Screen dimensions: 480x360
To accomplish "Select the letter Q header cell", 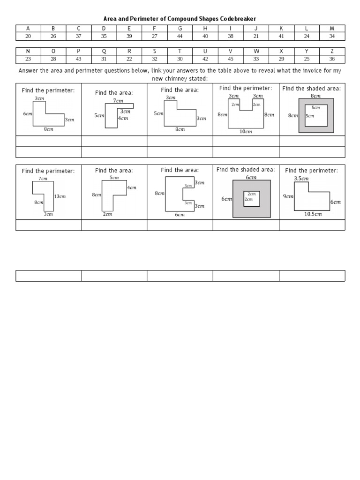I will point(104,51).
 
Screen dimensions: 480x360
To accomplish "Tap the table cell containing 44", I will point(180,36).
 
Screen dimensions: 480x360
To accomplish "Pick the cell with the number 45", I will point(231,59).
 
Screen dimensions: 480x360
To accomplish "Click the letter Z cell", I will point(332,51).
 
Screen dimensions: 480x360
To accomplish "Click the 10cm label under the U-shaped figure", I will point(246,132).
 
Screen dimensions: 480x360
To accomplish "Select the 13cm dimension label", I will point(60,196).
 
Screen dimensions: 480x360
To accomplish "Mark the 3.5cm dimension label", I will point(301,179).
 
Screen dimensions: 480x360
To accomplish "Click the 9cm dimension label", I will point(288,196).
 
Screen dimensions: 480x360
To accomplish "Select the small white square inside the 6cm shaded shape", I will point(251,199).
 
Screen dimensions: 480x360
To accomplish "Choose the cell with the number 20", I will point(28,36).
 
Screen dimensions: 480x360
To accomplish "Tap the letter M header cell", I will point(332,28).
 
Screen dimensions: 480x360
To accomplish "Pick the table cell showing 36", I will point(332,59).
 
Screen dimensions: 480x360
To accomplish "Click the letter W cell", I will point(256,51).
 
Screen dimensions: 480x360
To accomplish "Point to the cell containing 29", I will point(281,59).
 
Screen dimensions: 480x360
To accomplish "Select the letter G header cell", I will point(180,28).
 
